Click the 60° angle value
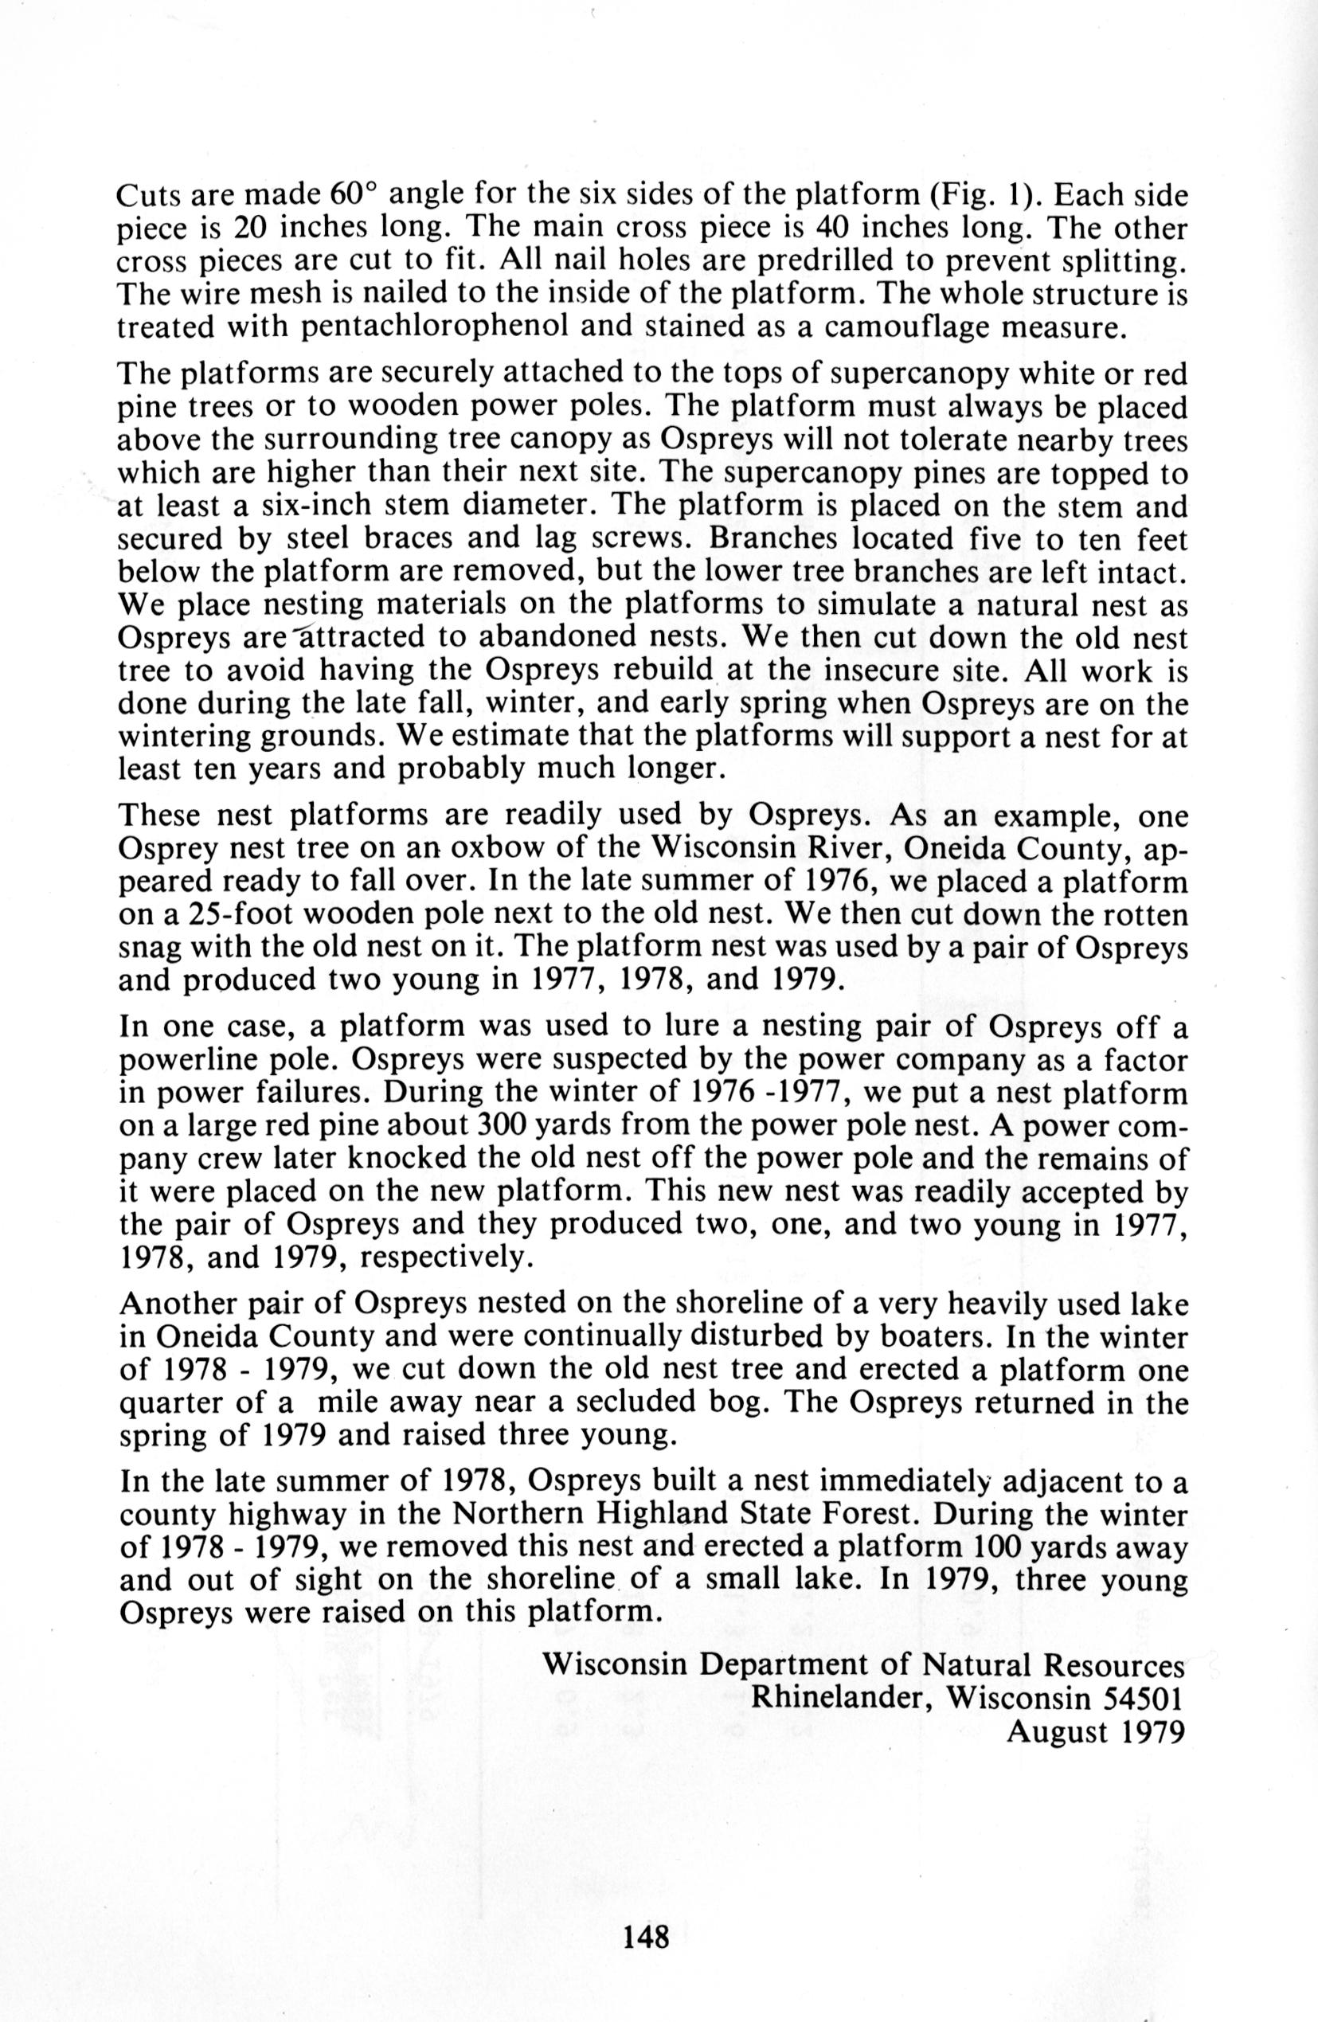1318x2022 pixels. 352,196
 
